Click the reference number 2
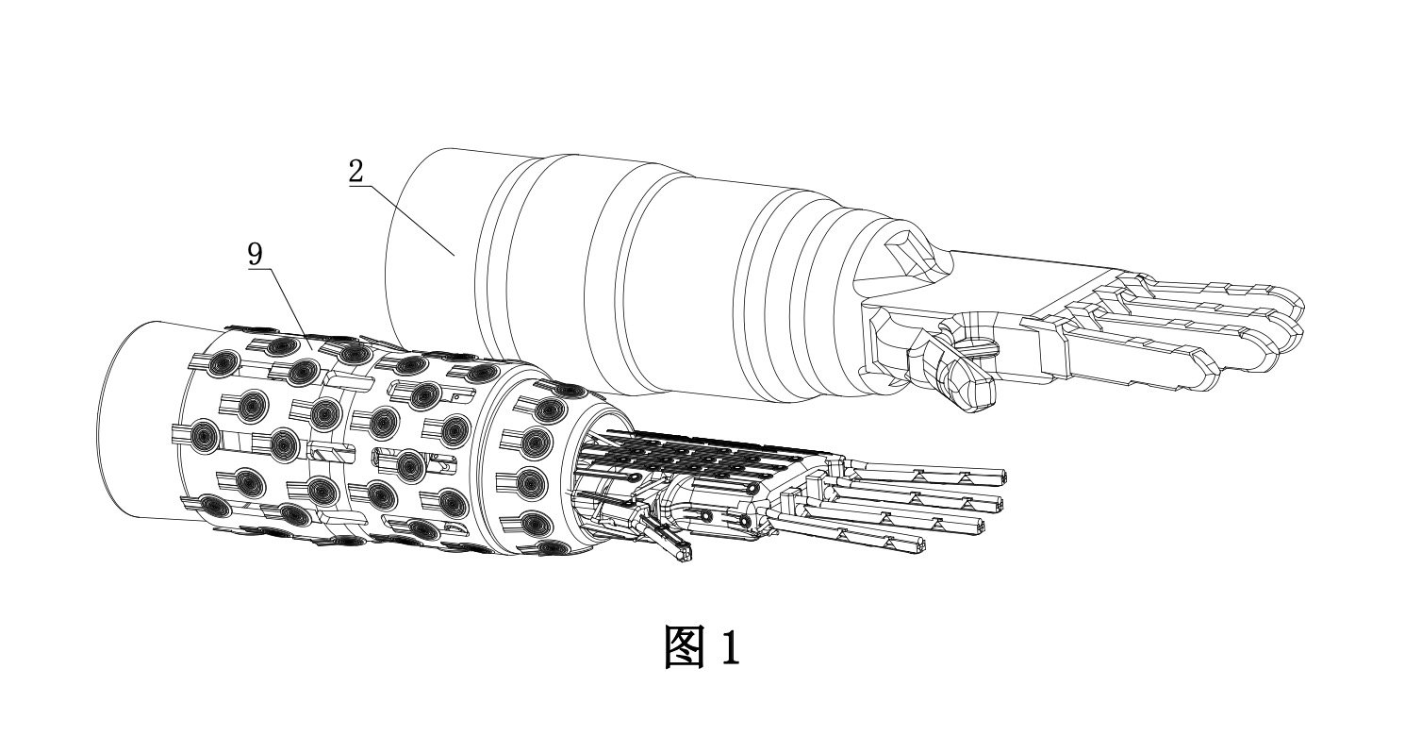pos(355,172)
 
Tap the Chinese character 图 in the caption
pos(686,647)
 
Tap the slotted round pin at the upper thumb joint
pos(976,346)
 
